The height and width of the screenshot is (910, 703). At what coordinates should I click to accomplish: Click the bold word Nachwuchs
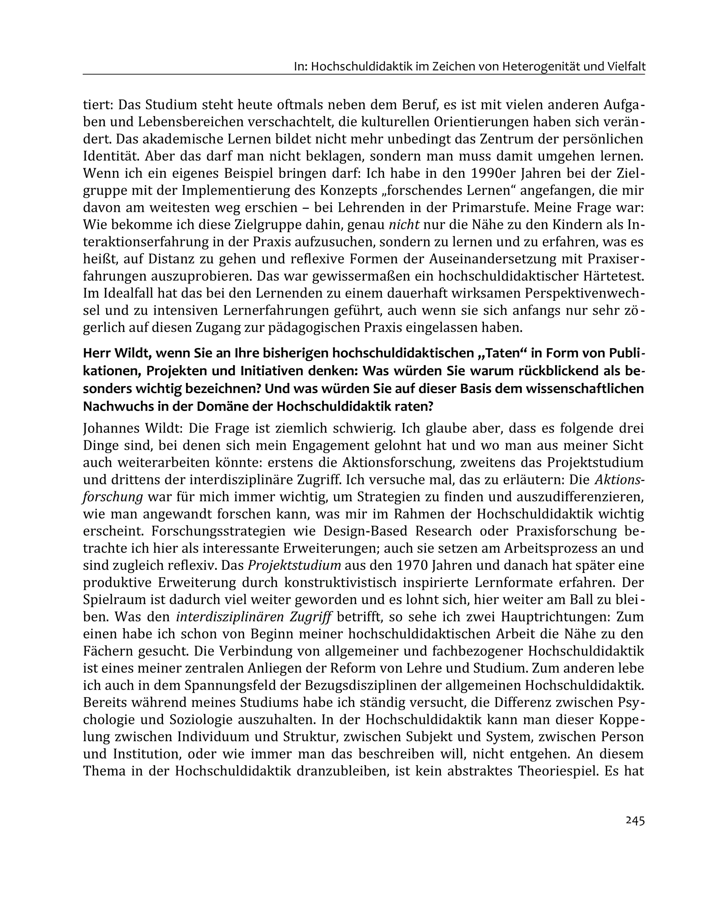coord(115,406)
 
